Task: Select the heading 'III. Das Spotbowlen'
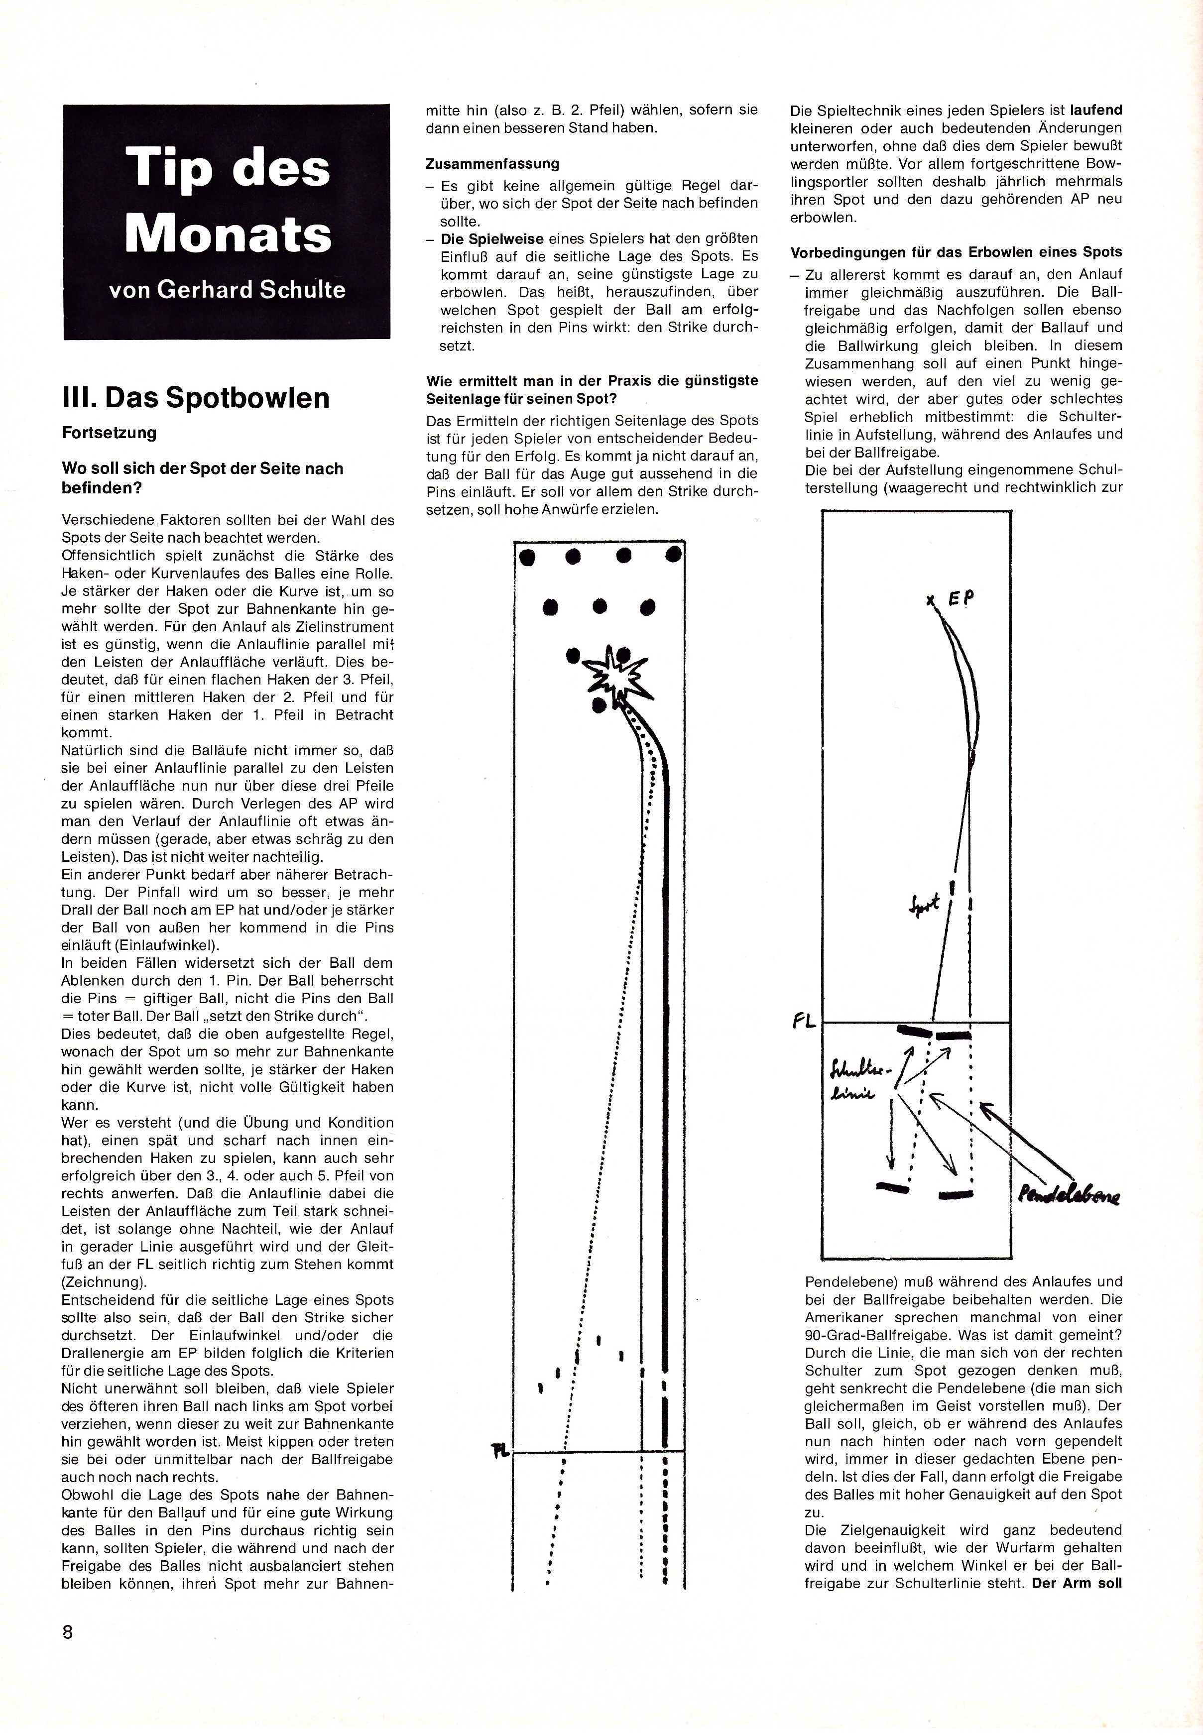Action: (x=196, y=398)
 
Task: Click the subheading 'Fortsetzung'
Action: (x=109, y=433)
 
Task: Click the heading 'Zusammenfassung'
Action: (x=492, y=164)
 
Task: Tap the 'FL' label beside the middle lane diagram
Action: (x=499, y=1451)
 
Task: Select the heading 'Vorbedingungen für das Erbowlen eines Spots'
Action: (x=956, y=252)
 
